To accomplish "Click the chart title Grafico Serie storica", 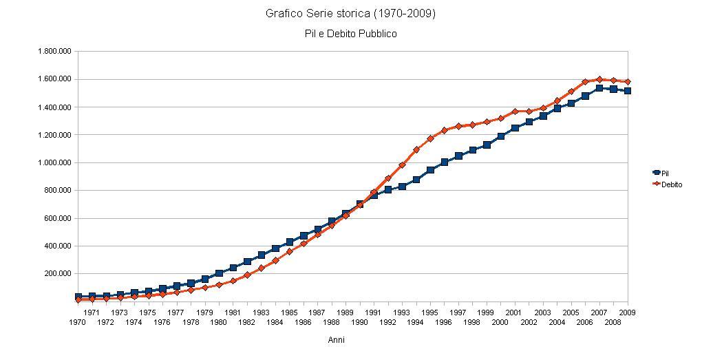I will click(x=350, y=14).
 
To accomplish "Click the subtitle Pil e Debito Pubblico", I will click(x=350, y=33).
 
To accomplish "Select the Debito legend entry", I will click(x=671, y=184).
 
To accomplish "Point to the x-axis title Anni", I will click(x=337, y=340).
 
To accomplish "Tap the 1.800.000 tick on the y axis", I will click(x=56, y=52).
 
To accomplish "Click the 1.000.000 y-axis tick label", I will click(x=56, y=162).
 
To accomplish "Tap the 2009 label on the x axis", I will click(x=627, y=313).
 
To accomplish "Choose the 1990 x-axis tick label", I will click(x=359, y=322).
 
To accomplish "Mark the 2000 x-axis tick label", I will click(x=500, y=322).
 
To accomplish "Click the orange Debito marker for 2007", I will click(x=599, y=79).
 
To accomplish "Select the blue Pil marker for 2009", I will click(x=627, y=91).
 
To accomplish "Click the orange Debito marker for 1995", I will click(x=430, y=138).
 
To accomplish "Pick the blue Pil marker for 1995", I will click(x=430, y=170).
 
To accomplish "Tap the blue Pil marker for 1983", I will click(x=261, y=255).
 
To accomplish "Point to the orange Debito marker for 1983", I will click(x=261, y=268).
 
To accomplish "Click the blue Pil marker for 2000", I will click(x=500, y=136).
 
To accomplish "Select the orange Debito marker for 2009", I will click(x=627, y=82).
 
